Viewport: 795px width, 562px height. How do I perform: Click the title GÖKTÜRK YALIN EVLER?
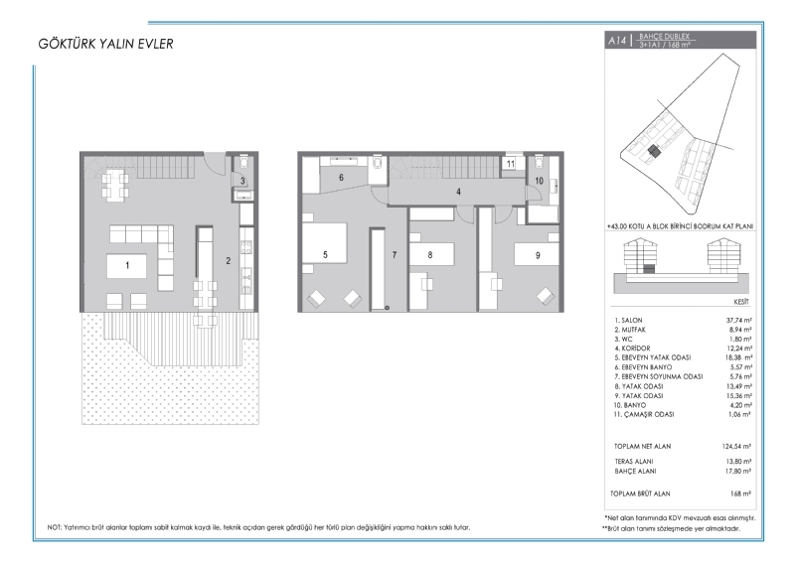105,44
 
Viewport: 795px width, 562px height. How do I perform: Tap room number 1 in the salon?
127,265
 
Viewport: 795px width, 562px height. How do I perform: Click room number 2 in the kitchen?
229,260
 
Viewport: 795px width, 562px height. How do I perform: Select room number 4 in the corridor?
458,192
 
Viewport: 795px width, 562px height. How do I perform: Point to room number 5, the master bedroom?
325,255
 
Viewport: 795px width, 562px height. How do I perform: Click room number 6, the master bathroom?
341,178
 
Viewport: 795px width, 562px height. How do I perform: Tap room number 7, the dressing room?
395,255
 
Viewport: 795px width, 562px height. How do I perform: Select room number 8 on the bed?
430,255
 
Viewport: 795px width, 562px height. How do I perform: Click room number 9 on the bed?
538,255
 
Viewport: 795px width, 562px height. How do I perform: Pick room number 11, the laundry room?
511,164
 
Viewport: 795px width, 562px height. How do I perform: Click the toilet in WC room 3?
242,161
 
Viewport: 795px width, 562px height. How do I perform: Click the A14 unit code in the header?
617,41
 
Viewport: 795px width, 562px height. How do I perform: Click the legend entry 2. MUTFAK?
630,330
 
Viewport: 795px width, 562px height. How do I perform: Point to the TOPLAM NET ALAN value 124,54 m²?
736,447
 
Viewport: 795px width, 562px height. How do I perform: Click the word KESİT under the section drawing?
741,302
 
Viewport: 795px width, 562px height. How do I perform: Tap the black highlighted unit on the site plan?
655,151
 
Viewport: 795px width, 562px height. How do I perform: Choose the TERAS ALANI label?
634,462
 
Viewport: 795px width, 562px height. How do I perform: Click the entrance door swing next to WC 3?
215,163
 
